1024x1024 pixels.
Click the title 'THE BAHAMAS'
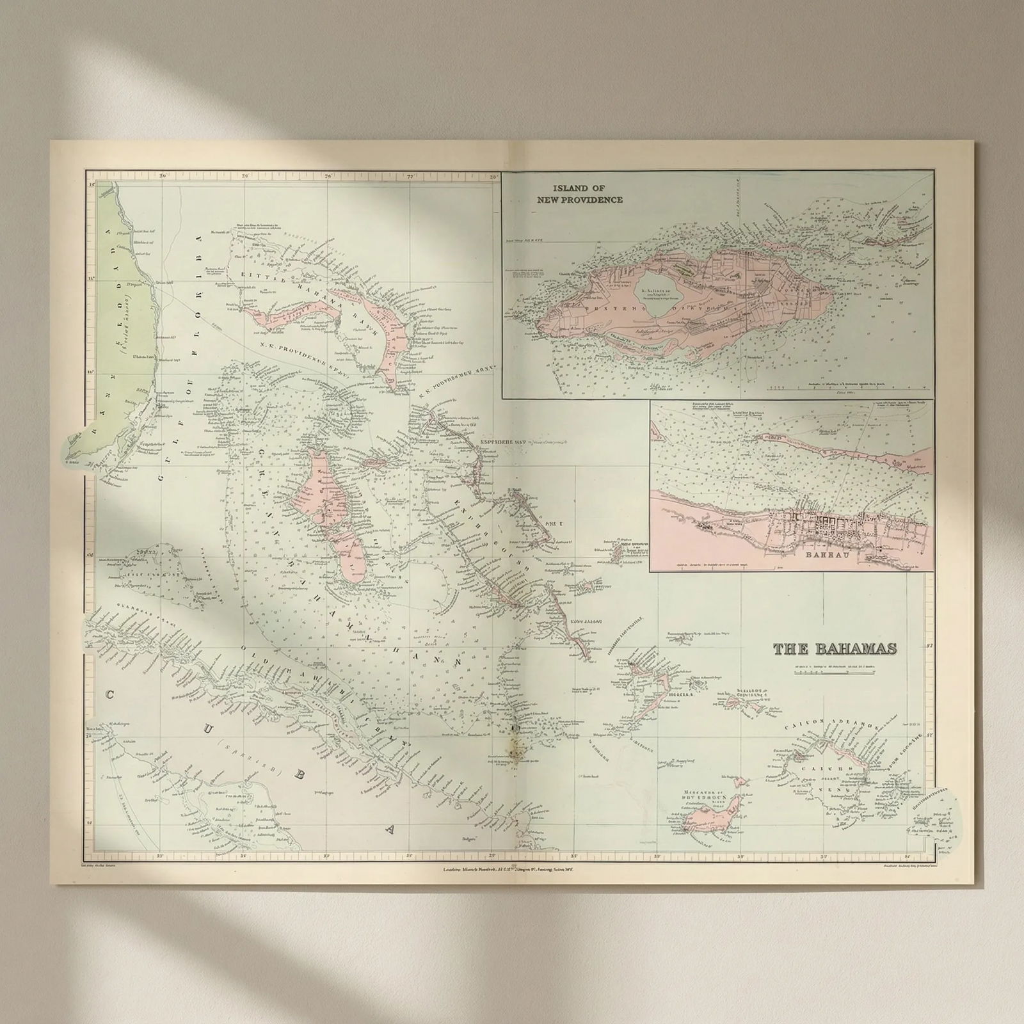(835, 649)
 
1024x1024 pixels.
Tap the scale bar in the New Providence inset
(794, 388)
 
